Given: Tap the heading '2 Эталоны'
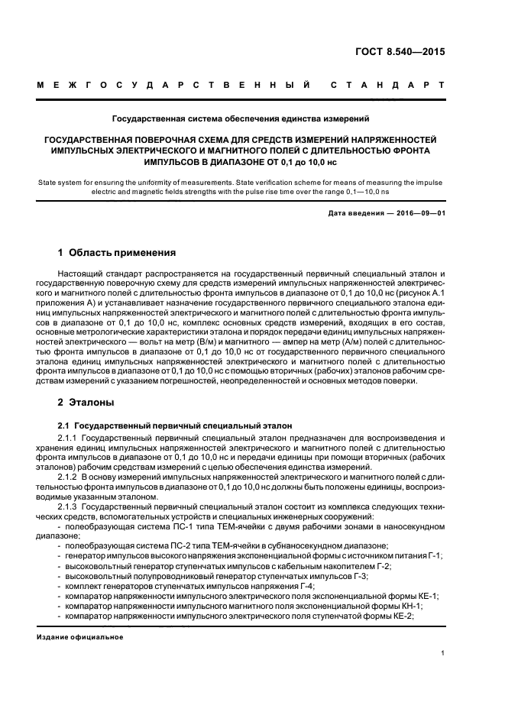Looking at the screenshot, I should [x=86, y=402].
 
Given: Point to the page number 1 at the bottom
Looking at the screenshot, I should [x=443, y=652].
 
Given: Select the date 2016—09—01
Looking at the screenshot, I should [x=419, y=212].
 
